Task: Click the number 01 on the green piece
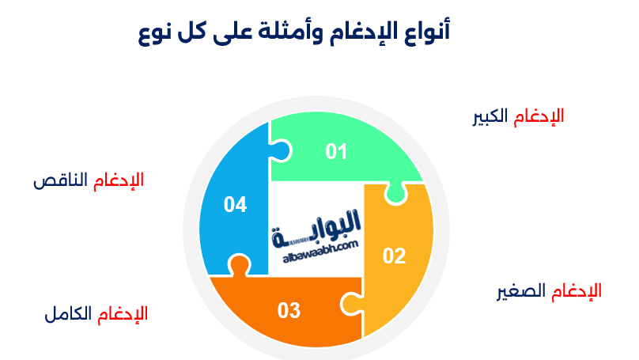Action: (x=336, y=152)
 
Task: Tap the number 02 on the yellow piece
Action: (x=394, y=256)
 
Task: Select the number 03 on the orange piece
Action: (x=289, y=311)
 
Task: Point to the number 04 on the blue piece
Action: (x=235, y=205)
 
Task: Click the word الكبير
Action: (x=490, y=116)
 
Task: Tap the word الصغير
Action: (x=521, y=292)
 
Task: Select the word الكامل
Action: (x=68, y=314)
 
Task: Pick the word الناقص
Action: (x=60, y=180)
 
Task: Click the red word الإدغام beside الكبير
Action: (x=539, y=116)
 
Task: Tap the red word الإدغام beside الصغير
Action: (x=577, y=292)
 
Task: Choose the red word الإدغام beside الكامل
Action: (x=123, y=314)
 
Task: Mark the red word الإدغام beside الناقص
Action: (x=119, y=180)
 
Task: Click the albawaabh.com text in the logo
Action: (x=320, y=252)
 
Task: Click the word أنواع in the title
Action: (x=428, y=32)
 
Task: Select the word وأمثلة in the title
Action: (x=289, y=32)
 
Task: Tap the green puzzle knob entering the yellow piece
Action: (x=395, y=194)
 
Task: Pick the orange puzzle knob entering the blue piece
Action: (x=239, y=265)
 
